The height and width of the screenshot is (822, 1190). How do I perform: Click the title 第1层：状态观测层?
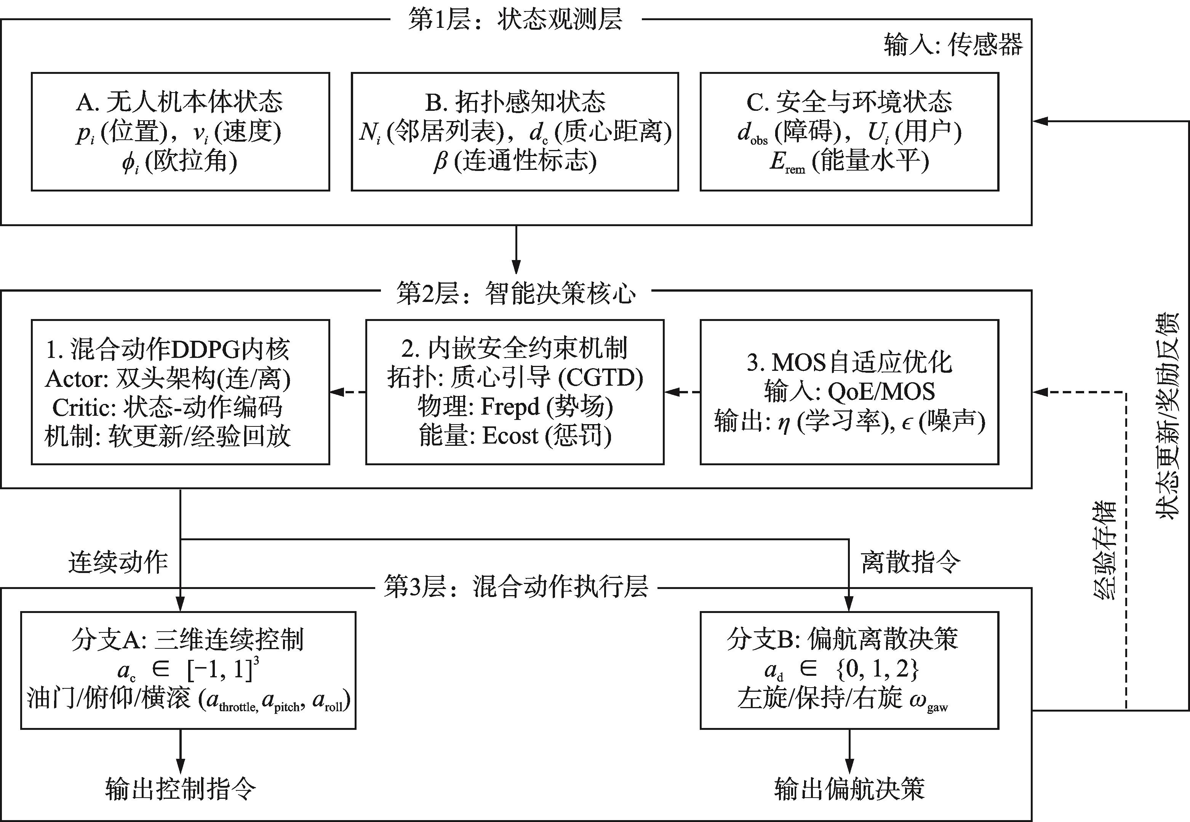click(515, 19)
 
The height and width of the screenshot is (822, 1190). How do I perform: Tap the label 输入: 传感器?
click(953, 45)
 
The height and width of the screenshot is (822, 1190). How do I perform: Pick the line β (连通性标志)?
click(515, 162)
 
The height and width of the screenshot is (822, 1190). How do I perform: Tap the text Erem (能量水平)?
click(849, 162)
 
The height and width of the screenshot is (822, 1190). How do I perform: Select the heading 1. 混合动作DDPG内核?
click(168, 349)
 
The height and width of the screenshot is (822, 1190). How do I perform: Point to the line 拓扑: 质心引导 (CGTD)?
click(515, 378)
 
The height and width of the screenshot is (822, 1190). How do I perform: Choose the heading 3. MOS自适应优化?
click(849, 362)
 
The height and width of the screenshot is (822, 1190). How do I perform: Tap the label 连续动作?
click(118, 562)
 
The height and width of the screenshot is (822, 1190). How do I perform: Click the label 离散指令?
click(911, 562)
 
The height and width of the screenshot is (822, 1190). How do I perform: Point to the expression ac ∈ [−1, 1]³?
click(188, 670)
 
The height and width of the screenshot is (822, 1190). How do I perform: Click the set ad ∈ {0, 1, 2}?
click(842, 670)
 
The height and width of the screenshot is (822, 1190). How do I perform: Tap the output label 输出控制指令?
click(180, 788)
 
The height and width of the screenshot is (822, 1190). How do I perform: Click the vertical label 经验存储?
click(1104, 551)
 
